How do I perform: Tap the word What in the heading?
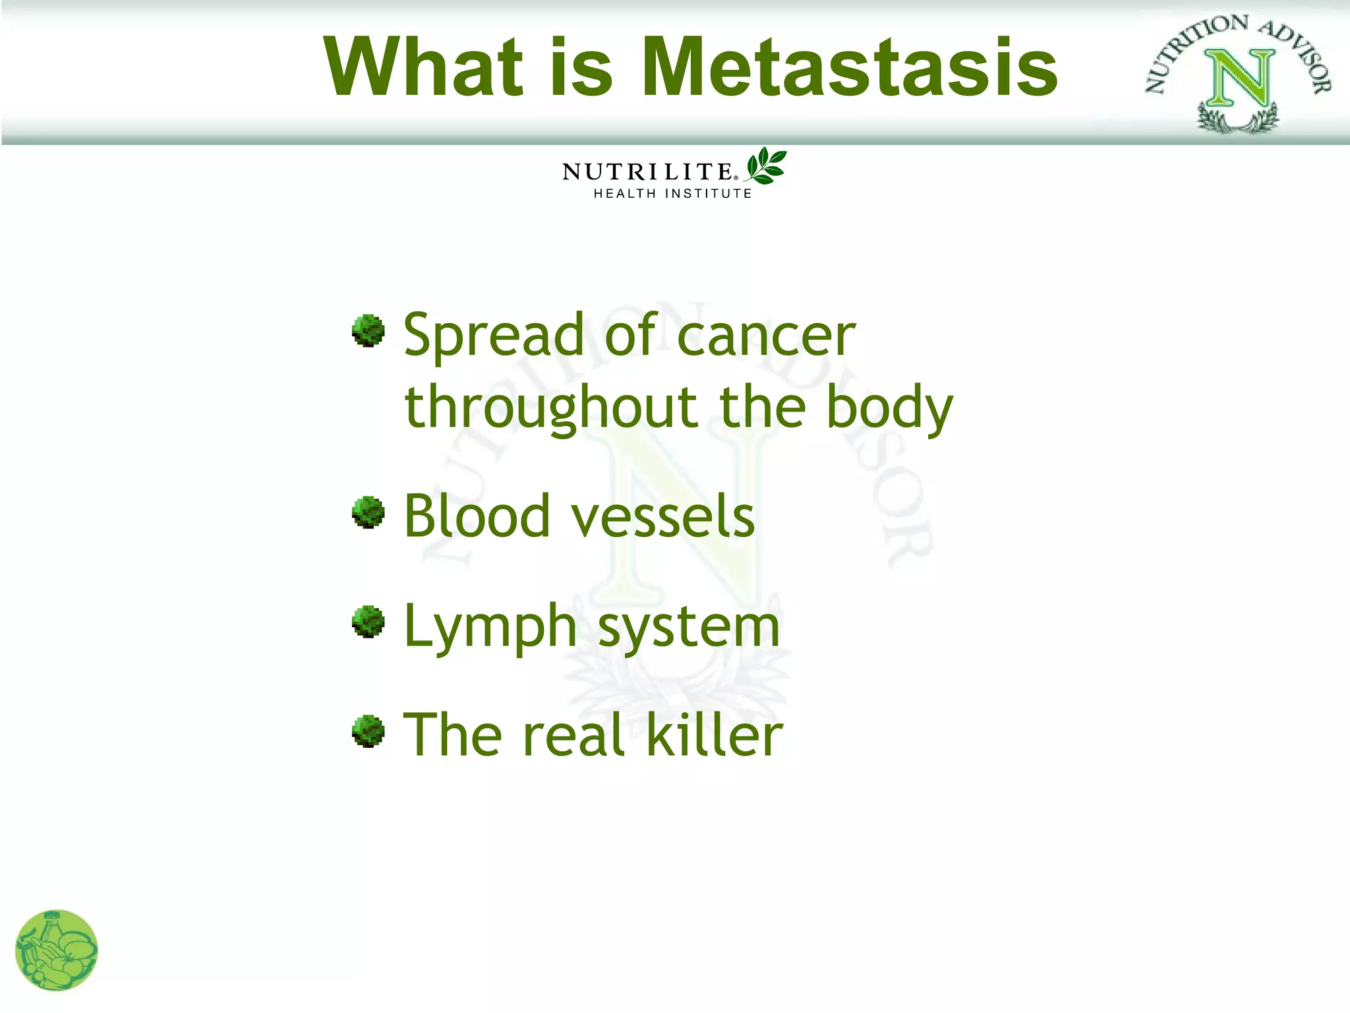click(423, 67)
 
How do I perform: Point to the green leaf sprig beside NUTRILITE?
click(767, 166)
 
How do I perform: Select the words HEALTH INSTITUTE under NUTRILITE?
click(672, 194)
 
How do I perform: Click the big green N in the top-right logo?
click(1239, 79)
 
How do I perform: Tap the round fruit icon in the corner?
click(57, 950)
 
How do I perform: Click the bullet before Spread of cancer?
click(368, 330)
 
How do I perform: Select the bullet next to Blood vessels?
click(368, 512)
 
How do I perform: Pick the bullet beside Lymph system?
click(368, 622)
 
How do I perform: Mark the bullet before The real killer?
click(368, 731)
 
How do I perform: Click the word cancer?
click(766, 336)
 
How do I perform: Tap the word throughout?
click(551, 409)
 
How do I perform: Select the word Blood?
click(477, 516)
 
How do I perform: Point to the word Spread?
click(493, 336)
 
